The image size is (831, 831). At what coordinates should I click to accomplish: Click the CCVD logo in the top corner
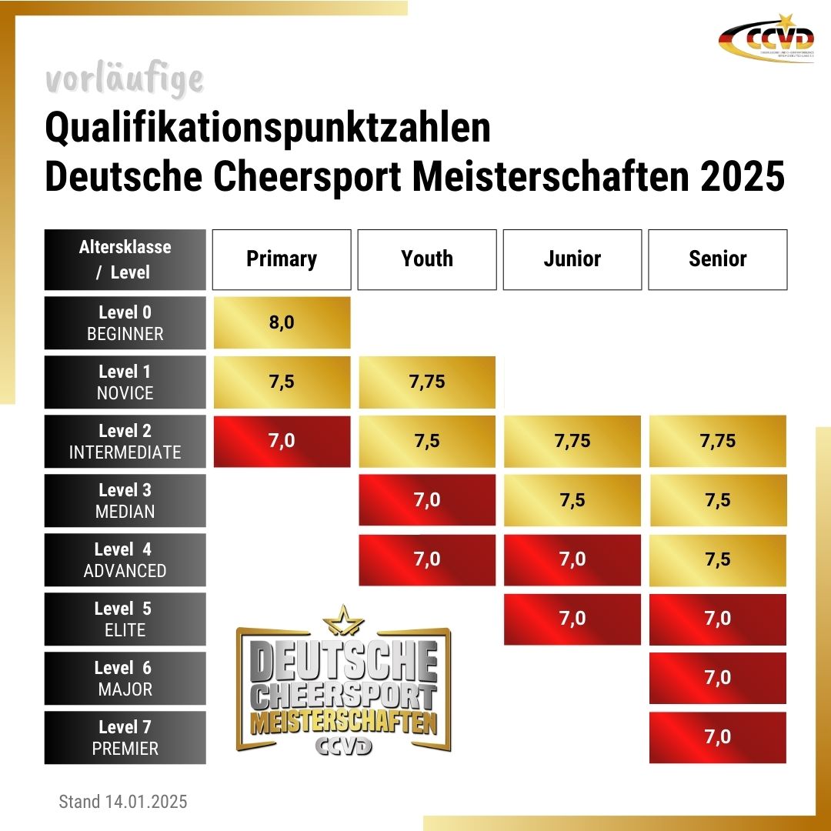[766, 38]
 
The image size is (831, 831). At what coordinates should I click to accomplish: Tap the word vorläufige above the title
[125, 79]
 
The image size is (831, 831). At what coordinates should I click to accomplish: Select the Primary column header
[282, 259]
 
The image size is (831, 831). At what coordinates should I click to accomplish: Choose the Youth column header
[427, 259]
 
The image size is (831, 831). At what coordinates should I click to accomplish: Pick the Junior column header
[572, 259]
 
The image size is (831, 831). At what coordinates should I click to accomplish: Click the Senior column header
[718, 259]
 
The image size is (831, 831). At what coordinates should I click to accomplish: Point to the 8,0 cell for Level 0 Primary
[282, 322]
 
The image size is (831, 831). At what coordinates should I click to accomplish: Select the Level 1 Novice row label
[125, 382]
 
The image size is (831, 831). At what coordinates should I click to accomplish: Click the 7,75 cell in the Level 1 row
[427, 382]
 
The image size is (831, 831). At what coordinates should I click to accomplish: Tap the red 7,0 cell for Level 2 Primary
[282, 441]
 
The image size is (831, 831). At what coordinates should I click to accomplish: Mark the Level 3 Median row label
[125, 500]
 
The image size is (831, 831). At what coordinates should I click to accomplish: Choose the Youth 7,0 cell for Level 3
[427, 500]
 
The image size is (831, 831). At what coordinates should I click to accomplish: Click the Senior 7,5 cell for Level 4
[718, 559]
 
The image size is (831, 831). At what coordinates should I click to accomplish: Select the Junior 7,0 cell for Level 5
[572, 619]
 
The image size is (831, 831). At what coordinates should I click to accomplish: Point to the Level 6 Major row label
[125, 678]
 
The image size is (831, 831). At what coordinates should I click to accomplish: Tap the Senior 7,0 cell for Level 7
[718, 737]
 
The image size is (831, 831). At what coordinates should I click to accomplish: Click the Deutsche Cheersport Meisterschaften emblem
[343, 681]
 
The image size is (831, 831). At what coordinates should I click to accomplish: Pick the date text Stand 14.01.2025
[123, 802]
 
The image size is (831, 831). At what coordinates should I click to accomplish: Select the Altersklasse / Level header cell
[125, 259]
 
